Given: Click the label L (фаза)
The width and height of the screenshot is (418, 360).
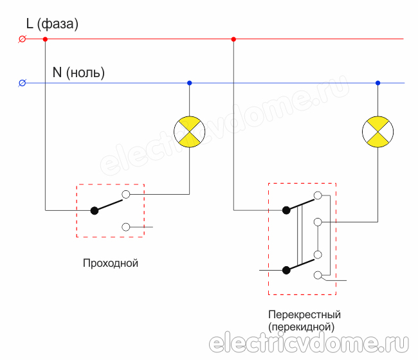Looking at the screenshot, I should tap(52, 25).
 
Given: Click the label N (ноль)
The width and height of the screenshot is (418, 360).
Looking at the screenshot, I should tap(78, 73).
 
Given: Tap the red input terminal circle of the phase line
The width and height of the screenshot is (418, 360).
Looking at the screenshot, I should tap(23, 39).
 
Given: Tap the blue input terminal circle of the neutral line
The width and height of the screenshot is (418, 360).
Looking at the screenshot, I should tap(23, 83).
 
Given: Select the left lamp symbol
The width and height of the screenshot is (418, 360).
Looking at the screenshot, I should tap(189, 132).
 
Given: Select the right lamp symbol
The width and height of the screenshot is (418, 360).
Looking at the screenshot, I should tap(377, 132).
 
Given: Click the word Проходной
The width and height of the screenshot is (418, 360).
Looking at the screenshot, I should tap(111, 264).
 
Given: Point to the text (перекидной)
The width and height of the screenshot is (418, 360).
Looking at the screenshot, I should tap(302, 327).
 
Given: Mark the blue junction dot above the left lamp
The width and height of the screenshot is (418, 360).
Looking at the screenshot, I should tap(189, 83).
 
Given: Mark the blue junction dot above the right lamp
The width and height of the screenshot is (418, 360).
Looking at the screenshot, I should tap(377, 83).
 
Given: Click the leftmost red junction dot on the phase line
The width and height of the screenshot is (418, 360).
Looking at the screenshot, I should tap(45, 39).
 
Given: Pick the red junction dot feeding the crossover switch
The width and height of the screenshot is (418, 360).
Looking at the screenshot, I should tap(233, 39).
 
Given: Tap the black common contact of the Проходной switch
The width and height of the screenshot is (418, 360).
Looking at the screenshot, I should tap(94, 210).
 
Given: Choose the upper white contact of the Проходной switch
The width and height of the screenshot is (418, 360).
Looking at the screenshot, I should tap(126, 193).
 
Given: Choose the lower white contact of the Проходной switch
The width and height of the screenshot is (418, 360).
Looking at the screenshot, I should tap(126, 227).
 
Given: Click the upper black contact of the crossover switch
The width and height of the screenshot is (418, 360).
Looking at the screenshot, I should tap(286, 210).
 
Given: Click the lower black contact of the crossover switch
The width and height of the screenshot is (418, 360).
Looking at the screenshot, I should tap(286, 270).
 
